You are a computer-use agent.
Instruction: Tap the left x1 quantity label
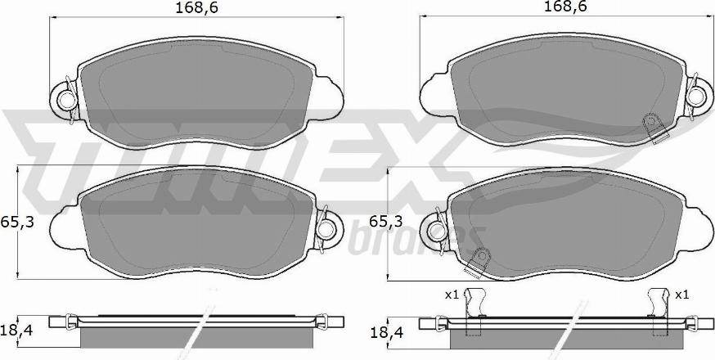coord(451,295)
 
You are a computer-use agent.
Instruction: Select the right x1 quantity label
coord(681,295)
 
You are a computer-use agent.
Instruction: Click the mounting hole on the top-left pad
coord(67,100)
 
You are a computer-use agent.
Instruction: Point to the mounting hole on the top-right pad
coord(696,97)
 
